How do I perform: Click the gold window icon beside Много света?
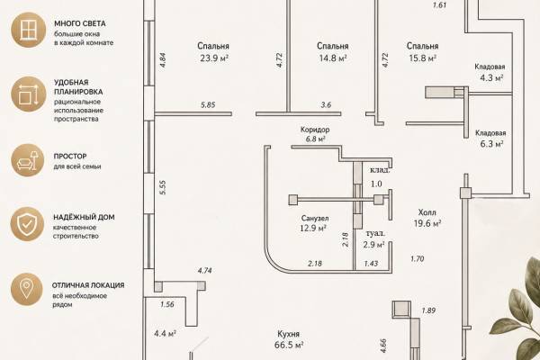pos(28,30)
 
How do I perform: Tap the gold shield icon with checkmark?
pos(27,224)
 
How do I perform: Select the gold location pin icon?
pos(26,289)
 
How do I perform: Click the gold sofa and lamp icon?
pos(28,160)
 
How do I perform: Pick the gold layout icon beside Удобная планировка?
pos(28,94)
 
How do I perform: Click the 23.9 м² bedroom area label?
pos(214,58)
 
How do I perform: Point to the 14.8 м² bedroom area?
pos(333,58)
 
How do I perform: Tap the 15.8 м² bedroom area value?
pos(423,58)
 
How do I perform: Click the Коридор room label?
pos(315,130)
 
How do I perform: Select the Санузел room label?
pos(315,218)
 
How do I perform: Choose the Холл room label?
pos(427,212)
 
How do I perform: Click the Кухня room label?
pos(289,334)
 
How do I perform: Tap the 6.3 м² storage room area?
pos(491,144)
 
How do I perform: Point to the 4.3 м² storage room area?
pos(491,78)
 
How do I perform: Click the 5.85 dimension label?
pos(208,105)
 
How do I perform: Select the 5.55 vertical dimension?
pos(163,187)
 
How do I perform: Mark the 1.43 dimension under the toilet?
pos(371,264)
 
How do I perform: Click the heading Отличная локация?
pos(88,285)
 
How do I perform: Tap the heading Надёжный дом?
pos(84,217)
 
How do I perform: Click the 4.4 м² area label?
pos(166,334)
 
